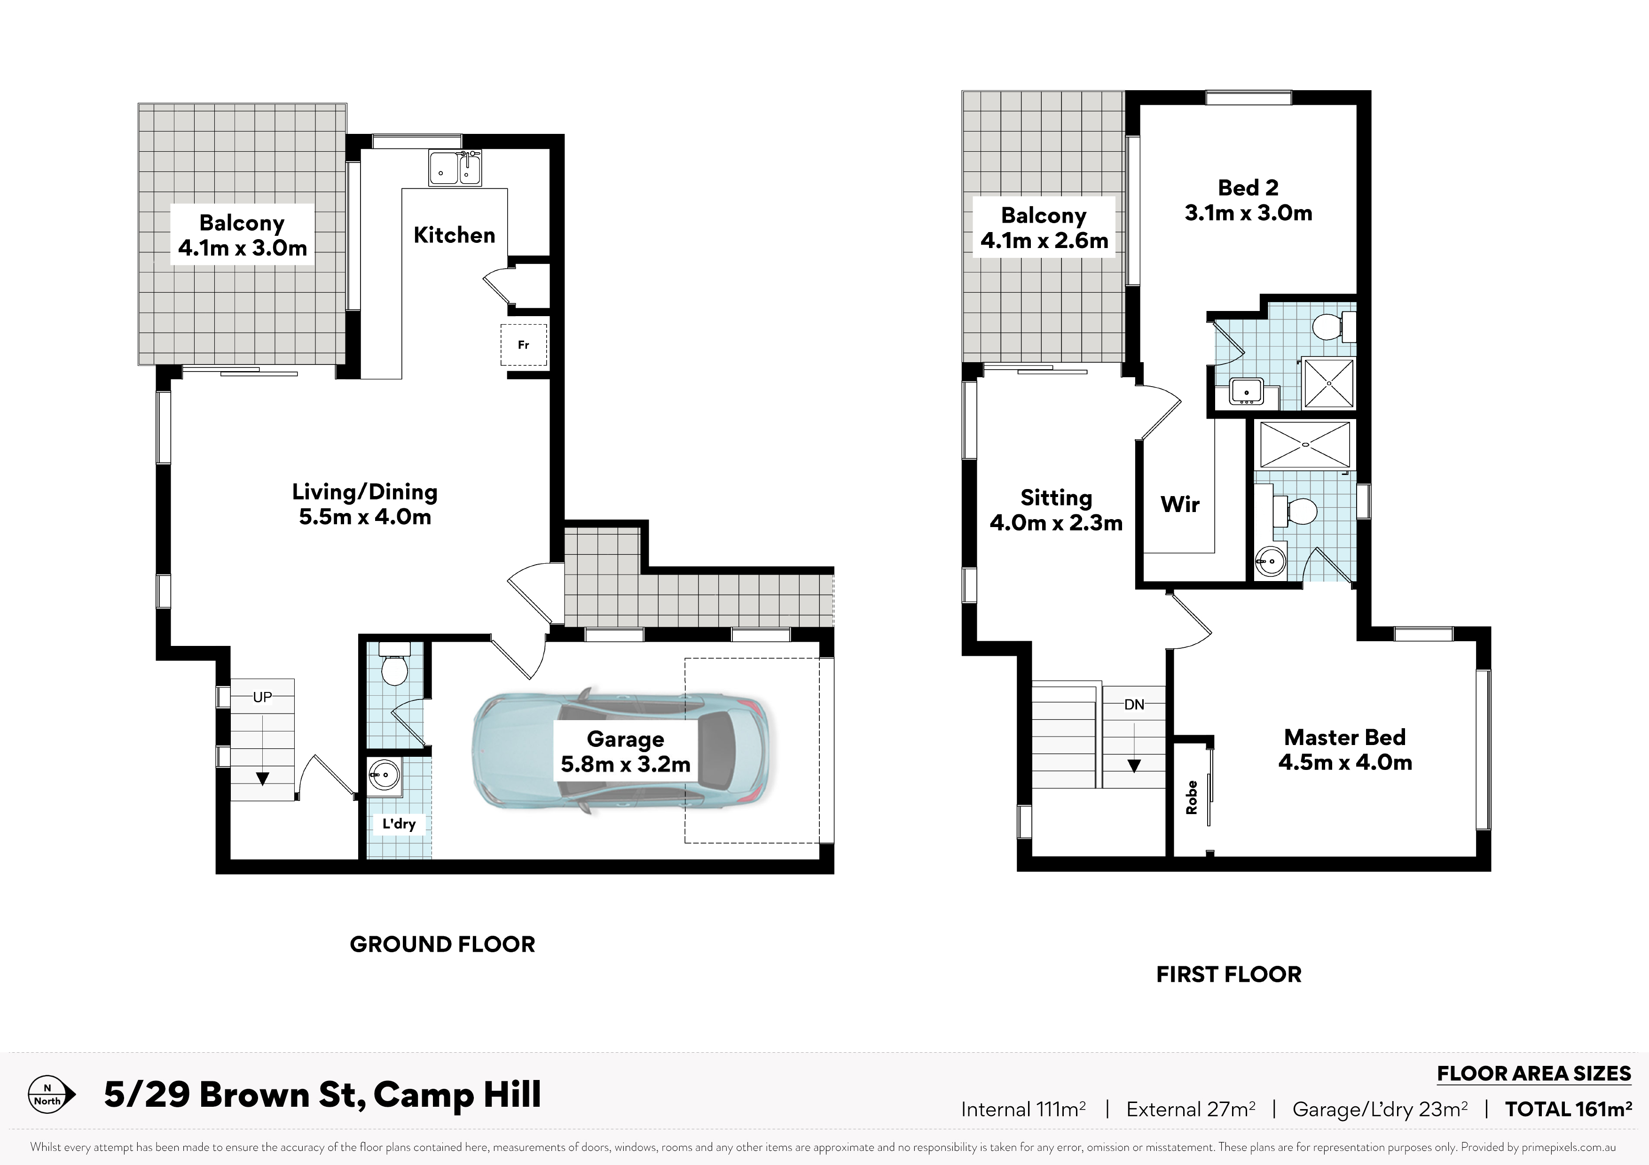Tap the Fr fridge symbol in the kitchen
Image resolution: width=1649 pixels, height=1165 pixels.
[524, 344]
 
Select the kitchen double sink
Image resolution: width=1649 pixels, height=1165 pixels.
[455, 168]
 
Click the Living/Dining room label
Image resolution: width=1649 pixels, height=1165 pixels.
[365, 504]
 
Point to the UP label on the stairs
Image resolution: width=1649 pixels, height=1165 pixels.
[262, 697]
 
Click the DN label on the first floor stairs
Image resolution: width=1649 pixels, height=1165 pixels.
[1134, 705]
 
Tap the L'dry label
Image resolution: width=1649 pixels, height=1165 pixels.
[399, 823]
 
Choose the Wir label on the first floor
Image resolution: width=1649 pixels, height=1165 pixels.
[1180, 504]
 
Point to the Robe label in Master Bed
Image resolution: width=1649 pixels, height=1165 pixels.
[1192, 798]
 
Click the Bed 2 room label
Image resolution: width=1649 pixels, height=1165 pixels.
[1248, 200]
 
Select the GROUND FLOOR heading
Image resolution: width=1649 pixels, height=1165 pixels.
[442, 945]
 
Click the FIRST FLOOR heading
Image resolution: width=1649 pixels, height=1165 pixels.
[1229, 975]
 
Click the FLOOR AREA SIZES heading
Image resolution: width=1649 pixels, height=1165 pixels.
[1534, 1074]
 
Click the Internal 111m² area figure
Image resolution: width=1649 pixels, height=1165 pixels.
[1023, 1110]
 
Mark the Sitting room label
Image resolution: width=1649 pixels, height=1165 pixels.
[1056, 510]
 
